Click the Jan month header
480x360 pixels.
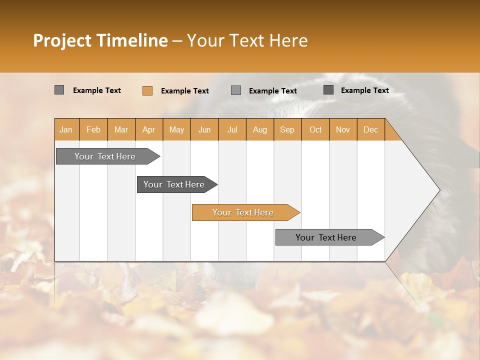(x=66, y=130)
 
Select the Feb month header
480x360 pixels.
(x=93, y=130)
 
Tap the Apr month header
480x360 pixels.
(x=148, y=130)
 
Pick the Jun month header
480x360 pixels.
(x=204, y=130)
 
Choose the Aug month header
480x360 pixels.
(x=259, y=130)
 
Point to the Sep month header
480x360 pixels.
(x=287, y=130)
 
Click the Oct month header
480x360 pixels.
(x=315, y=130)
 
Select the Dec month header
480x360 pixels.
(x=370, y=130)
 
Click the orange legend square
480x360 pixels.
(x=147, y=90)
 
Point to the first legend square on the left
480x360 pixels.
(x=59, y=90)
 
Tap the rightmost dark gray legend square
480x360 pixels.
(x=328, y=90)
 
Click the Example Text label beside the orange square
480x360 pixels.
(x=184, y=91)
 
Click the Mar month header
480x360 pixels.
(x=121, y=130)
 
